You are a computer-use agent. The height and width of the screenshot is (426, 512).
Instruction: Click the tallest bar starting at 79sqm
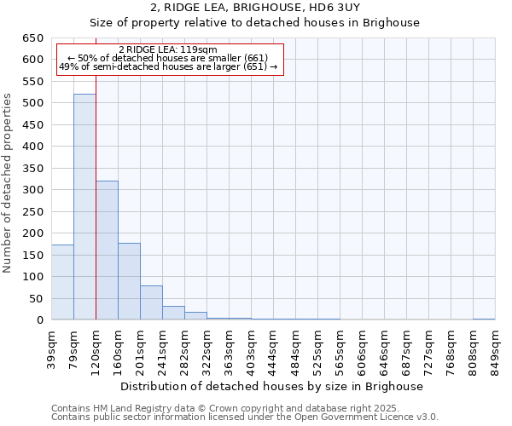point(84,207)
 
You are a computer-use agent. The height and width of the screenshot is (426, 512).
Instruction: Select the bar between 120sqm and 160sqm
point(107,250)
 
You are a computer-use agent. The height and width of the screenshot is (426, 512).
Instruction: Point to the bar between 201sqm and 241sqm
point(151,302)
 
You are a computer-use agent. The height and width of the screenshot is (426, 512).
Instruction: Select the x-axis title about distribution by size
point(271,386)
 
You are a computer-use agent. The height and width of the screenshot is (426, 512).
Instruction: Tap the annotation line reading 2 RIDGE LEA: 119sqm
point(168,49)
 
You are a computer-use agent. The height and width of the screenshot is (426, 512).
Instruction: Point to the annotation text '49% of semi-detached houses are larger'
point(168,66)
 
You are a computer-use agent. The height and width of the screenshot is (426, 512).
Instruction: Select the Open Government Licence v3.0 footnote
point(244,417)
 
